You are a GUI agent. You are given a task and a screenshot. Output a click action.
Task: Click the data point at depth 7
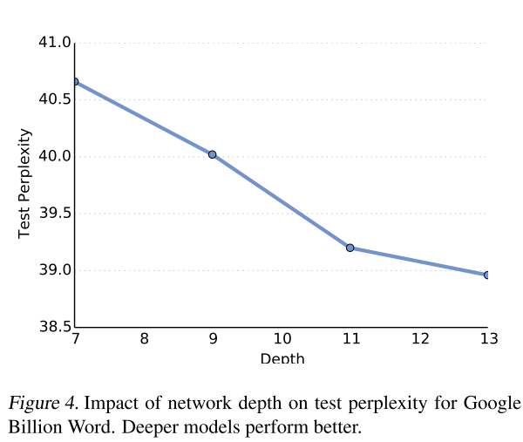[x=75, y=82]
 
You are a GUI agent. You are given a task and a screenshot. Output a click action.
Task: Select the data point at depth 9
[x=212, y=154]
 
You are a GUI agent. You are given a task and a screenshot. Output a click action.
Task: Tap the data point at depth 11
[x=350, y=248]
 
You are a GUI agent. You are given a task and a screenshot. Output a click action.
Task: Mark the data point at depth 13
[x=486, y=275]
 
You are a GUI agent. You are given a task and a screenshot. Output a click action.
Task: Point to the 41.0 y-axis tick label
[x=53, y=43]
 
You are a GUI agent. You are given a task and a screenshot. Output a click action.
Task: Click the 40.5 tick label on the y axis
[x=53, y=99]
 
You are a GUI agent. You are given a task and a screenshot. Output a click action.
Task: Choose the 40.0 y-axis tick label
[x=53, y=157]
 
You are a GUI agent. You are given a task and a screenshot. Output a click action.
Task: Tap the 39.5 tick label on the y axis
[x=53, y=214]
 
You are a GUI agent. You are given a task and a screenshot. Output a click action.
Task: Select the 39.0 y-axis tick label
[x=53, y=270]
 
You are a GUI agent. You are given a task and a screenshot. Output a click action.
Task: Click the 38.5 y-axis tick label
[x=53, y=328]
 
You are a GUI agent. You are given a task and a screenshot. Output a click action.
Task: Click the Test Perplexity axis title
[x=25, y=184]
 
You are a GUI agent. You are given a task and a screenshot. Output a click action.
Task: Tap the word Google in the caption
[x=493, y=403]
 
